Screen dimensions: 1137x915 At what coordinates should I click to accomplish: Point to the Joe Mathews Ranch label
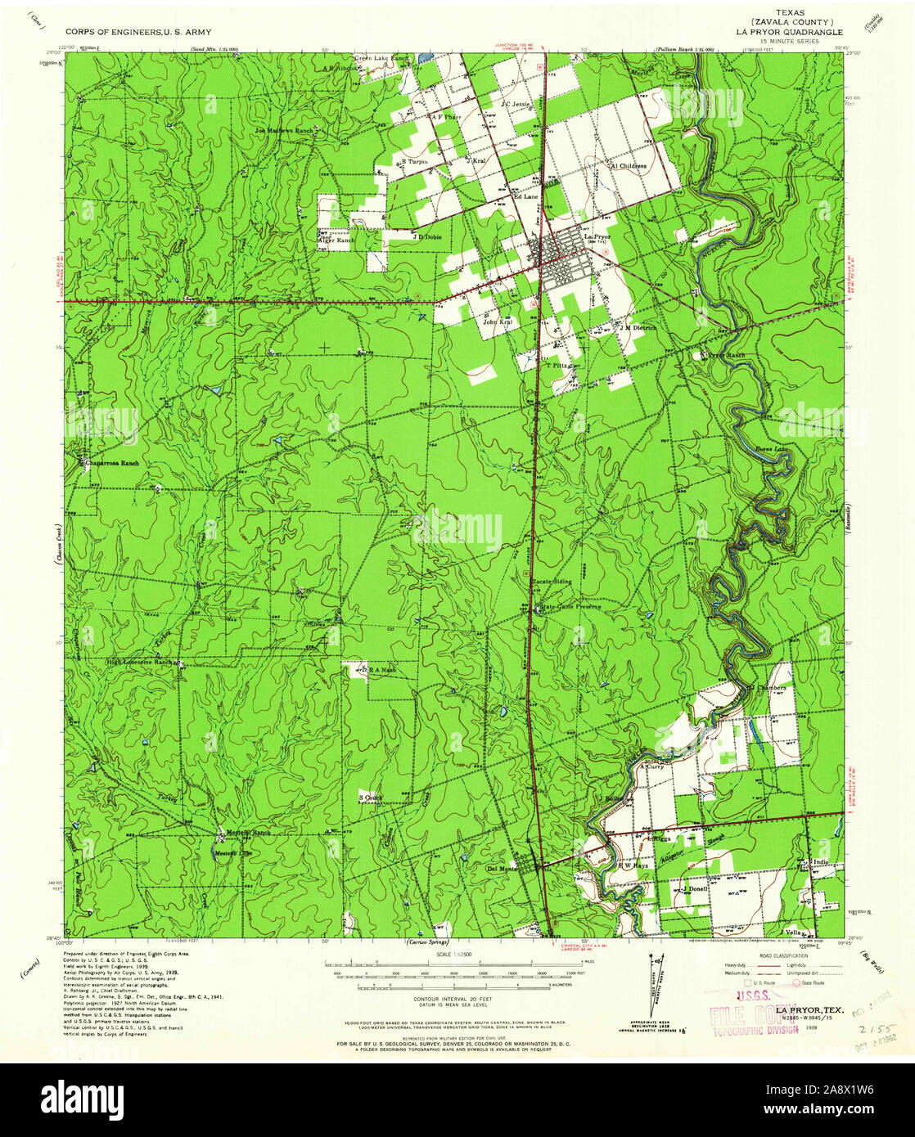click(x=284, y=130)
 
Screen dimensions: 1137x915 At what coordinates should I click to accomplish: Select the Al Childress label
click(x=629, y=165)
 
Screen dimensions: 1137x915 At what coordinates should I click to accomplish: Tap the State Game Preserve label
click(x=570, y=607)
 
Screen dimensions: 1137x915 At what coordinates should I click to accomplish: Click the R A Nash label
click(x=381, y=670)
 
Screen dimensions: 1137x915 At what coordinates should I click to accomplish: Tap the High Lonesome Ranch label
click(x=141, y=661)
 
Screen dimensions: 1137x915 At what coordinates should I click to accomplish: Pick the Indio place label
click(x=821, y=862)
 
